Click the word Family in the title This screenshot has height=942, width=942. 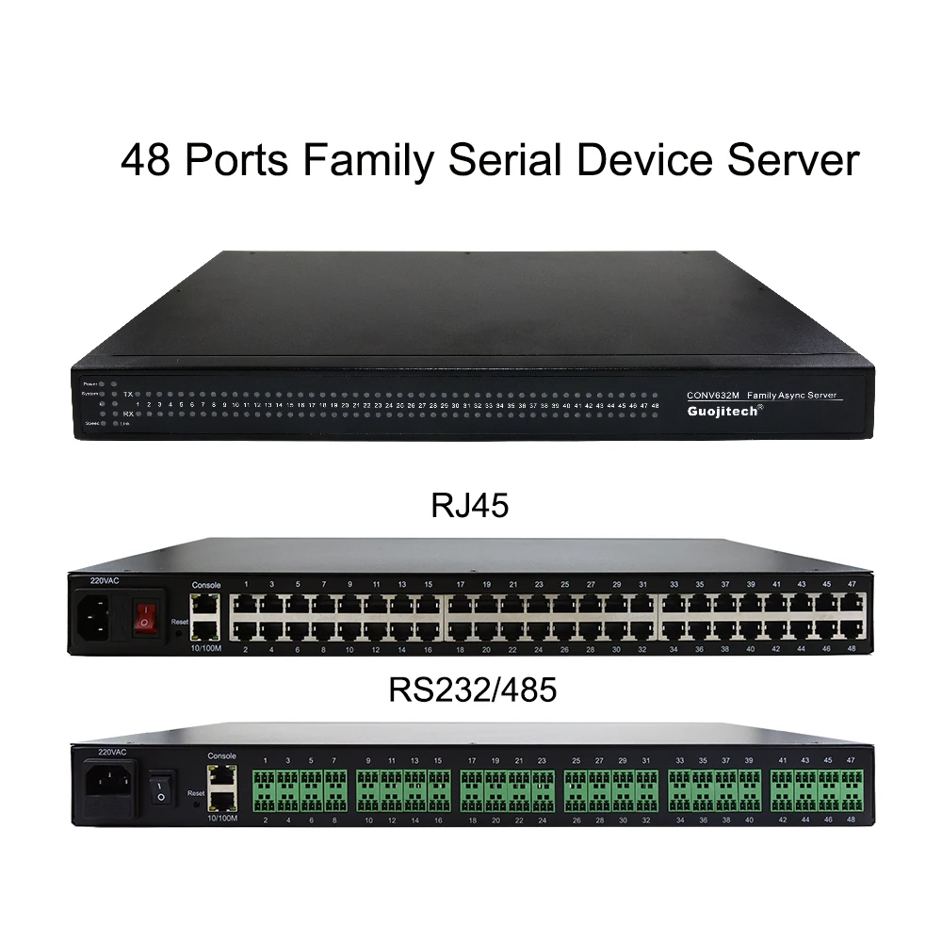pyautogui.click(x=367, y=159)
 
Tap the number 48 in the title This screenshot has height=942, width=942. pyautogui.click(x=147, y=159)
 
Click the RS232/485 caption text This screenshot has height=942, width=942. pyautogui.click(x=471, y=690)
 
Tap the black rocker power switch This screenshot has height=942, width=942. pyautogui.click(x=160, y=788)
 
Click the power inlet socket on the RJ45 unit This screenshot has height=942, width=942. pyautogui.click(x=100, y=618)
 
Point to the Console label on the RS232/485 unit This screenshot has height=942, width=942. pyautogui.click(x=222, y=756)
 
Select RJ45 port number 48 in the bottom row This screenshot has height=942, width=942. pyautogui.click(x=852, y=627)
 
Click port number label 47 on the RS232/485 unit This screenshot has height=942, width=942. pyautogui.click(x=852, y=759)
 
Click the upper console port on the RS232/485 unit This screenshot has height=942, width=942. pyautogui.click(x=222, y=778)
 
